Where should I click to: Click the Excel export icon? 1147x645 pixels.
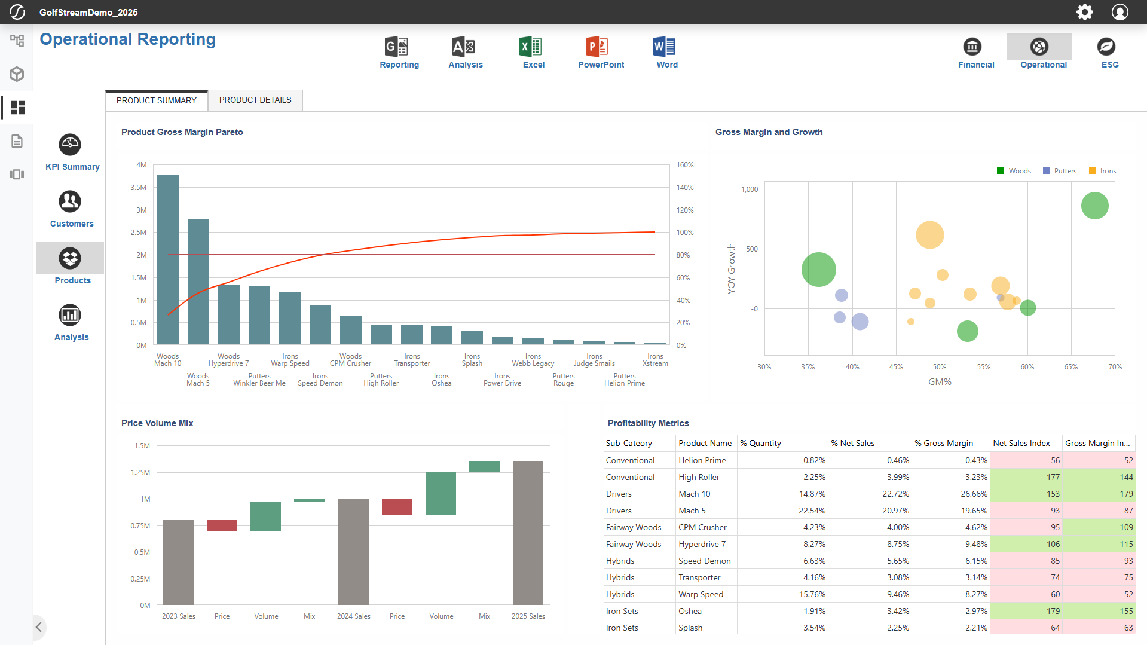[530, 47]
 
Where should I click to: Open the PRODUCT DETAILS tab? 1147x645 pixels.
[255, 100]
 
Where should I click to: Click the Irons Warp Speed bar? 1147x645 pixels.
[290, 318]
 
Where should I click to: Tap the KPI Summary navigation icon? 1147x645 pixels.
[70, 145]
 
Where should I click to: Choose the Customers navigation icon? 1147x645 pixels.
[70, 201]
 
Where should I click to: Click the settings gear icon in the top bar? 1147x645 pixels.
[1084, 12]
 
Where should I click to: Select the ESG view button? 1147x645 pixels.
[1106, 47]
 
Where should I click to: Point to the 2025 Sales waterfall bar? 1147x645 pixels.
[528, 533]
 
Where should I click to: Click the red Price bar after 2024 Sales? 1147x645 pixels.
[397, 506]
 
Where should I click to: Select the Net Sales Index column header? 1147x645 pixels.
[1021, 443]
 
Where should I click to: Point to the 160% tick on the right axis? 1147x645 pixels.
[685, 165]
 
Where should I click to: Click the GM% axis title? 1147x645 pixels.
[940, 382]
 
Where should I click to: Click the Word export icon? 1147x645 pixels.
[664, 47]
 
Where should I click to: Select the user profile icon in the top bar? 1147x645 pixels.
[1120, 12]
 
